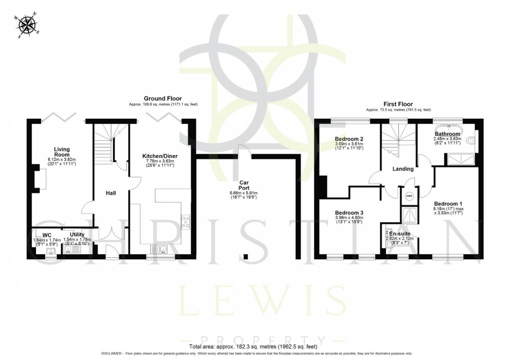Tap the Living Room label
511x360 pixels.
tap(62, 152)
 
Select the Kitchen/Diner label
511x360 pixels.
tap(160, 156)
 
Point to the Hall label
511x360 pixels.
tap(111, 192)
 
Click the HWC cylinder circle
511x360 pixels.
tap(409, 196)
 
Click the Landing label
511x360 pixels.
tap(403, 169)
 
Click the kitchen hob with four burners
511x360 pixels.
tap(185, 222)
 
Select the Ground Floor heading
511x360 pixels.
tap(163, 99)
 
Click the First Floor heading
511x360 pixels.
tap(398, 104)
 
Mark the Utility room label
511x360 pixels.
tap(77, 234)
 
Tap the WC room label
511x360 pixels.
tap(47, 234)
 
